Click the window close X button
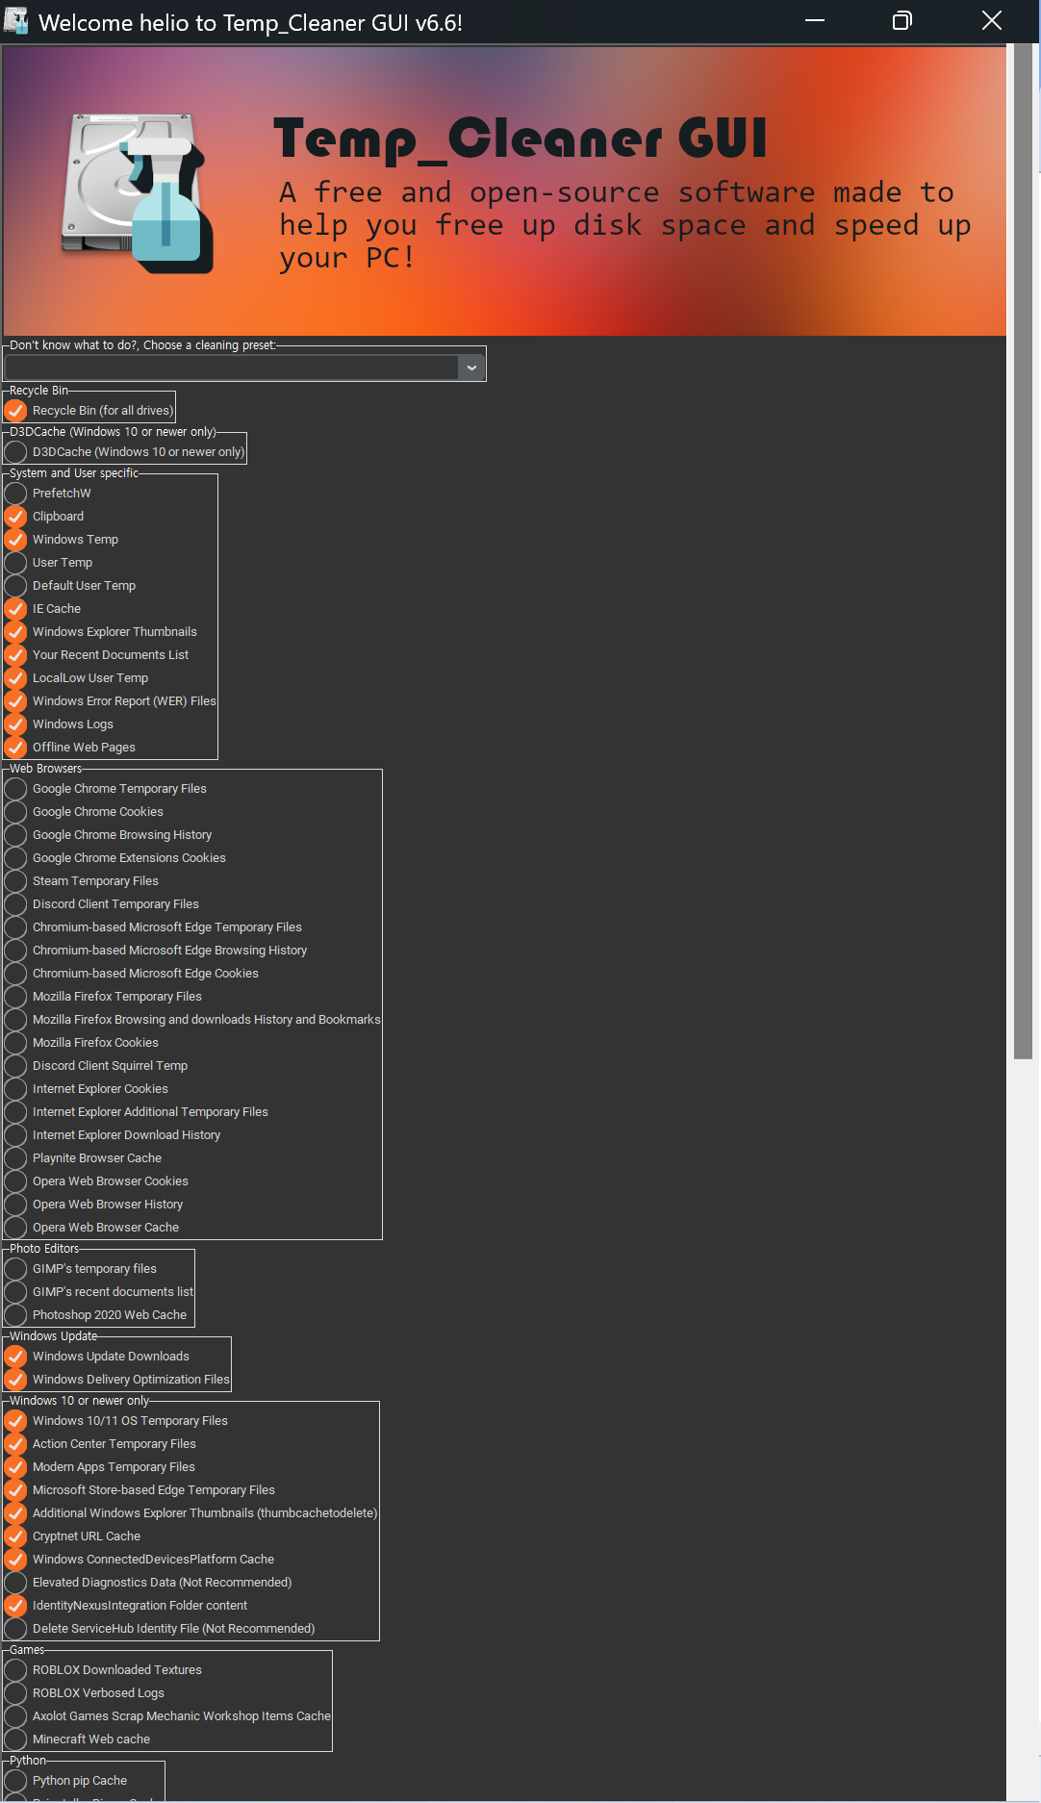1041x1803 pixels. point(992,21)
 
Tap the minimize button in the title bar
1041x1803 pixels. point(815,21)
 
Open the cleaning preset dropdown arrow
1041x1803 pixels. point(471,368)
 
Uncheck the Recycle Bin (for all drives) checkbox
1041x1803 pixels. point(15,411)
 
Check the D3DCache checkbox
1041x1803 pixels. point(15,452)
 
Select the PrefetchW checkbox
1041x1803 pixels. point(15,494)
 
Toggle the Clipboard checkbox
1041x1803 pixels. point(15,517)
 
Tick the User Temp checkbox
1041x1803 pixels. point(15,563)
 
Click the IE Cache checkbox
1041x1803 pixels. point(15,609)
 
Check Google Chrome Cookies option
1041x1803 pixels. point(15,812)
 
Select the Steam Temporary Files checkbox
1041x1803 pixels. point(15,881)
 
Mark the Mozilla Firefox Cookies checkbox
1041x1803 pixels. point(15,1043)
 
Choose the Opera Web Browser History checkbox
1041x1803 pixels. point(15,1205)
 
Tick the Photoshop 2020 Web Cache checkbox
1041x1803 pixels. point(15,1315)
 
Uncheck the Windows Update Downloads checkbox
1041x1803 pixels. point(15,1357)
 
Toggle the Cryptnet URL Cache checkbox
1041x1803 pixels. point(15,1536)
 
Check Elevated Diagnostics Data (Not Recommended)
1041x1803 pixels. point(15,1583)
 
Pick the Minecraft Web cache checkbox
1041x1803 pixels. point(15,1740)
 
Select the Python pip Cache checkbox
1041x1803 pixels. point(15,1781)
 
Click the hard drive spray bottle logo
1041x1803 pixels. point(138,190)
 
